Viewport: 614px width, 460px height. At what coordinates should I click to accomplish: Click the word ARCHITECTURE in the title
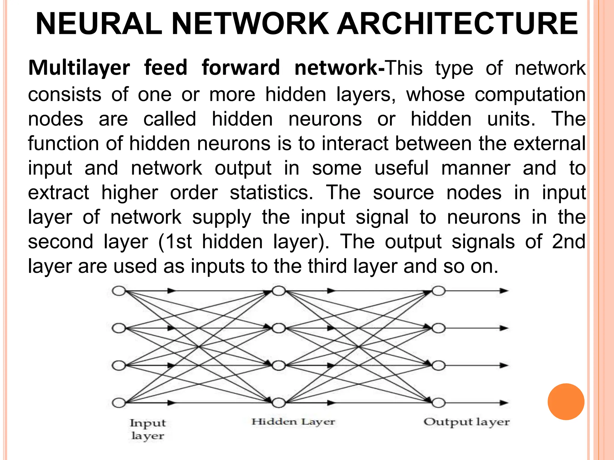pos(458,24)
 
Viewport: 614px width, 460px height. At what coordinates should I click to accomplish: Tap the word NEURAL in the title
pos(99,24)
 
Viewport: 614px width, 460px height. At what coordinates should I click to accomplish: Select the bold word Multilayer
pos(79,68)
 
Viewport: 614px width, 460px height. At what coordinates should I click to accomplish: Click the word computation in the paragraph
pos(530,95)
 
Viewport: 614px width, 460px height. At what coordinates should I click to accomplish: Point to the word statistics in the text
pos(272,193)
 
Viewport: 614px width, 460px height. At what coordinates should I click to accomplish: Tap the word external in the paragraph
pos(549,143)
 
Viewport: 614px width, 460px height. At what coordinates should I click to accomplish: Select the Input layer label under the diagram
pos(148,429)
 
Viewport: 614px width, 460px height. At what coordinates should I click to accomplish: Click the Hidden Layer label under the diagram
pos(293,422)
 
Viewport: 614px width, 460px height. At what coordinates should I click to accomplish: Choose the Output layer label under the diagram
pos(466,422)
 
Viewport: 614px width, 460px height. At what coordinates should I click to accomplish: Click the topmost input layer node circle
pos(119,291)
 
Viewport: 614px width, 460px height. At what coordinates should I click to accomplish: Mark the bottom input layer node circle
pos(119,403)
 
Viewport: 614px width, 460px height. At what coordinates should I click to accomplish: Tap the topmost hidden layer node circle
pos(279,291)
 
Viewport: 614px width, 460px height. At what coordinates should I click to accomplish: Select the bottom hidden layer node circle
pos(279,403)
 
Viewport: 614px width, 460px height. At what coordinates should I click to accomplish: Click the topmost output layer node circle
pos(439,291)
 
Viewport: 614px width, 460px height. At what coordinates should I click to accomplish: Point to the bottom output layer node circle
pos(439,403)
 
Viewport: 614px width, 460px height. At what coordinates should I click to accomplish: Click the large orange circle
pos(566,402)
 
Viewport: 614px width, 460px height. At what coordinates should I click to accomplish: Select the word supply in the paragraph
pos(222,217)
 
